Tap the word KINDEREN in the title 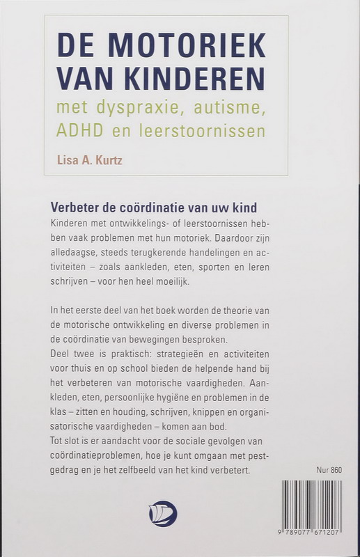[200, 77]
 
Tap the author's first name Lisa [68, 160]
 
